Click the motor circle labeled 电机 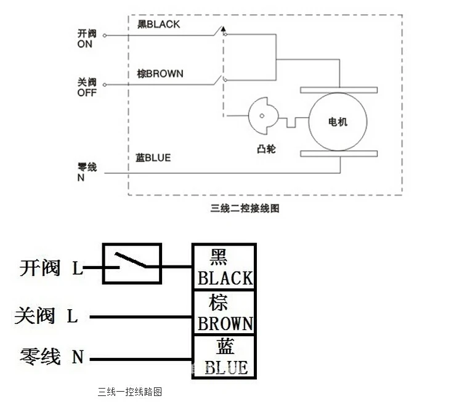pyautogui.click(x=338, y=121)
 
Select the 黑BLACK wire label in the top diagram pyautogui.click(x=158, y=25)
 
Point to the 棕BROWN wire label pyautogui.click(x=160, y=74)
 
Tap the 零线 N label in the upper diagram pyautogui.click(x=87, y=172)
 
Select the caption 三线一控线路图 pyautogui.click(x=130, y=392)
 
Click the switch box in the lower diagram pyautogui.click(x=132, y=264)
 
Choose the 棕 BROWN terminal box pyautogui.click(x=224, y=312)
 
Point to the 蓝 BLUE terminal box pyautogui.click(x=224, y=357)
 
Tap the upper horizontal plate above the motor pyautogui.click(x=338, y=91)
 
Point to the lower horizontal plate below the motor pyautogui.click(x=338, y=153)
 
